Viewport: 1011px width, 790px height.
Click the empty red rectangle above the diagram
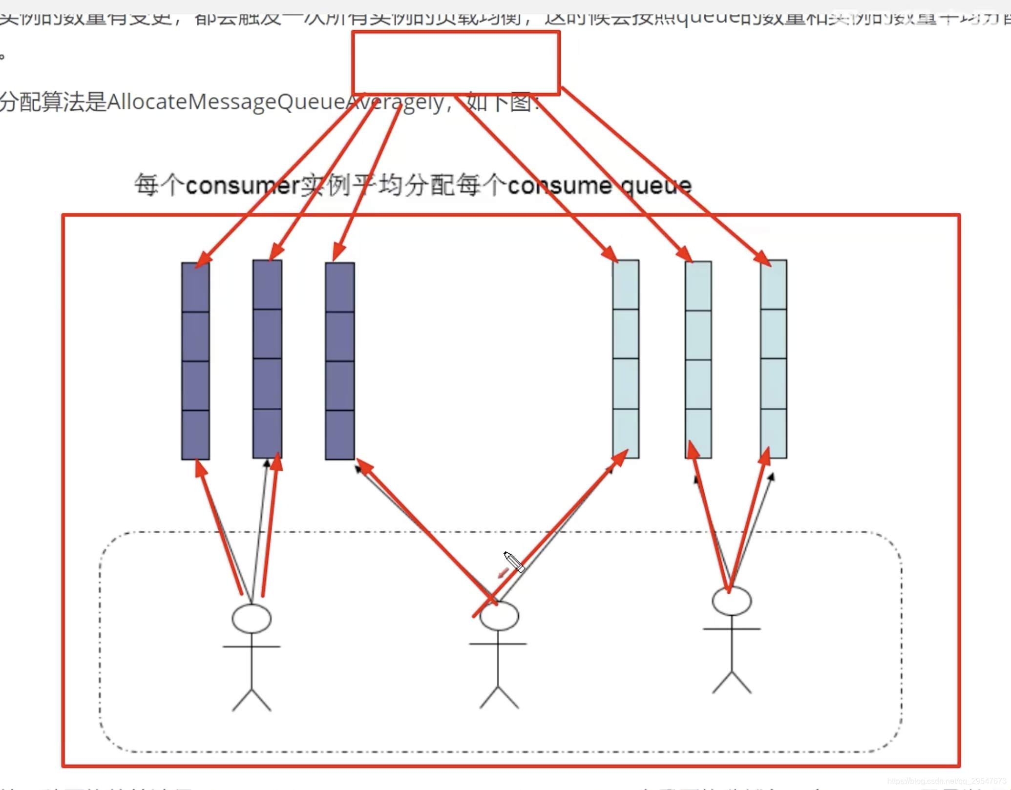[456, 62]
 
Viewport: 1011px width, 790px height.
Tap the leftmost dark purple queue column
[195, 361]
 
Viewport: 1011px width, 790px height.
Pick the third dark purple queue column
[340, 361]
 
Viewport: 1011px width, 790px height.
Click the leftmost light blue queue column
[626, 359]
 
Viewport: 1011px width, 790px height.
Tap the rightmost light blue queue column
[773, 359]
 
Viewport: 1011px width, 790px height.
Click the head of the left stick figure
[252, 619]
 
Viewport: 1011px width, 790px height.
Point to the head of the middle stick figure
[499, 616]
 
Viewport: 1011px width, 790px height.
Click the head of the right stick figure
[732, 601]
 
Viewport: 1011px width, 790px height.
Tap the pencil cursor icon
[514, 561]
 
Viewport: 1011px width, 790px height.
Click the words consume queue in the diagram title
[599, 186]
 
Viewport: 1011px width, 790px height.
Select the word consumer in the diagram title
[243, 186]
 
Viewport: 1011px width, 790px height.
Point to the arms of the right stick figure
[732, 629]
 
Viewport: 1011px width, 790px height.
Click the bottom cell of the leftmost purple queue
[195, 435]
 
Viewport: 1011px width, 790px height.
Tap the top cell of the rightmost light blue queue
[773, 285]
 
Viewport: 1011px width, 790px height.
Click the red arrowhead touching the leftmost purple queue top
[203, 259]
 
